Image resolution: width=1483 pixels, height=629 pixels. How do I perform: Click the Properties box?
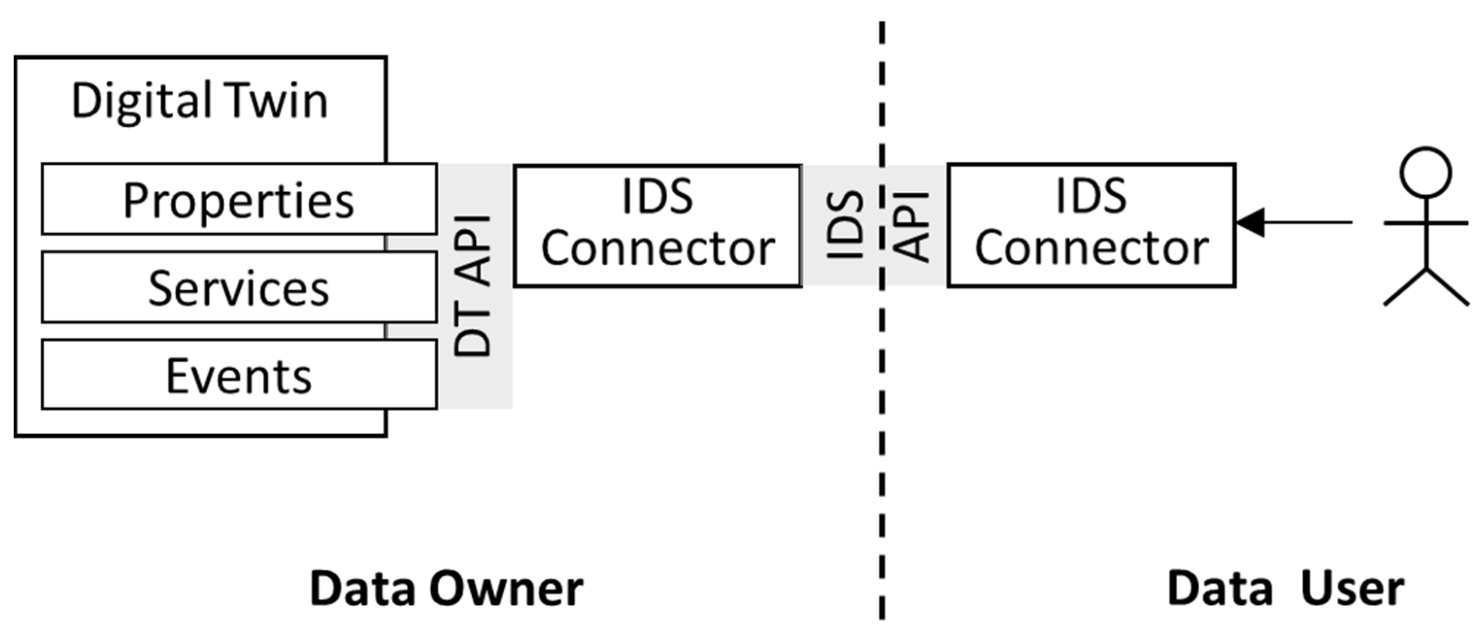click(x=239, y=199)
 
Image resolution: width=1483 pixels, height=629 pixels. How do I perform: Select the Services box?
click(x=239, y=288)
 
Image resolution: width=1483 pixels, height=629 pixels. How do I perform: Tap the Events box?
click(x=239, y=375)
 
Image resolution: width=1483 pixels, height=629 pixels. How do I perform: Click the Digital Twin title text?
click(x=200, y=101)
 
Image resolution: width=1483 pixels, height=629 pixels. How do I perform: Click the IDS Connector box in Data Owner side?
click(x=657, y=225)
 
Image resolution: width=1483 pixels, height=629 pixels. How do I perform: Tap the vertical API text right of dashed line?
click(x=913, y=226)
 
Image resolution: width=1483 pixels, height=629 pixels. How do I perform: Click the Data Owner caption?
click(x=447, y=589)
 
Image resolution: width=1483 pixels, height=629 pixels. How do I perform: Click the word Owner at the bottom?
click(x=507, y=589)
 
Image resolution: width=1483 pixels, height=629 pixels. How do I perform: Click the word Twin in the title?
click(x=276, y=101)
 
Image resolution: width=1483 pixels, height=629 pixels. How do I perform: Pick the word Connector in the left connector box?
click(x=657, y=249)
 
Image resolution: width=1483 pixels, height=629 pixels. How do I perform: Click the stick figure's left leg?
click(x=1405, y=287)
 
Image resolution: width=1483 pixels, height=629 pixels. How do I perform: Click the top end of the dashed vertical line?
click(x=882, y=26)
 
